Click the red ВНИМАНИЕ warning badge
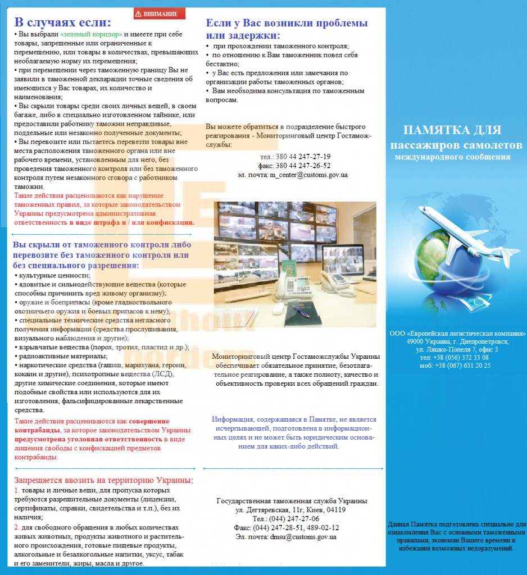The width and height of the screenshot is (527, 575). coord(160,13)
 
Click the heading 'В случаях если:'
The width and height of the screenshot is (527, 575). coord(62,22)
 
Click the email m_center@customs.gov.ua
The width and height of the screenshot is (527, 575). coord(308,175)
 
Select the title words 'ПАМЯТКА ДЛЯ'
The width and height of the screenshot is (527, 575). coord(452,130)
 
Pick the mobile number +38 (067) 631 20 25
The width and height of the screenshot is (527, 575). coord(462,365)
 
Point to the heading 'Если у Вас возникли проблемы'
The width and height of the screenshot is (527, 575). coord(287,24)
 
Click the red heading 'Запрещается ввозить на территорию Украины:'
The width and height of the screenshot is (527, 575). coord(103,480)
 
